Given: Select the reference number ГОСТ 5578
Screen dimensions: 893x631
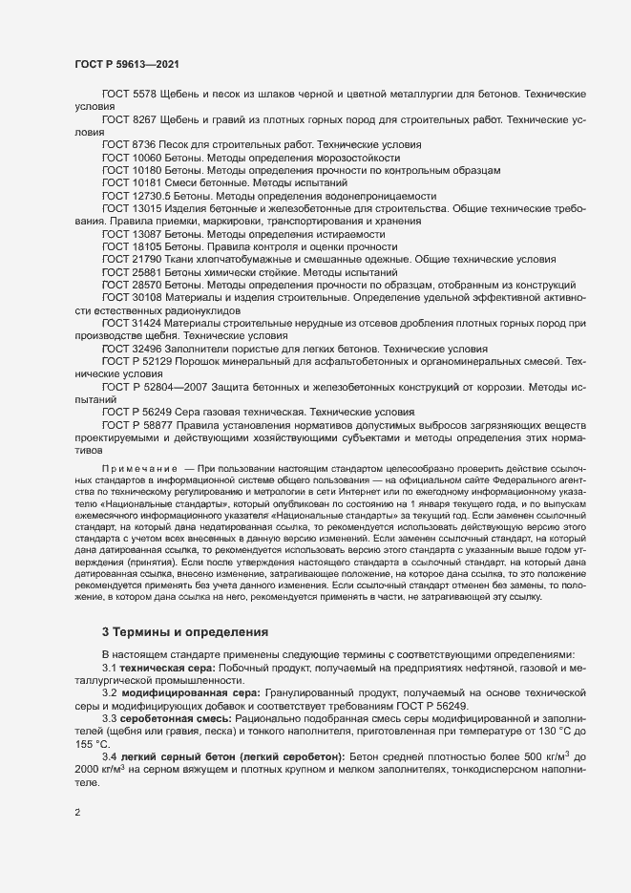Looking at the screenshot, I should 128,96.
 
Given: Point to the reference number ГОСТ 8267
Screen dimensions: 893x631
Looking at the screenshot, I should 128,120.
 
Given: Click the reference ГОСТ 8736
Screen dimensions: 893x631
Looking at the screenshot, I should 128,144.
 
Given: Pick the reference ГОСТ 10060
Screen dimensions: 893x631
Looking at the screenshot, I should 132,157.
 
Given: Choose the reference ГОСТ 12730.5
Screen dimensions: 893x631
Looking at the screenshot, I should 136,196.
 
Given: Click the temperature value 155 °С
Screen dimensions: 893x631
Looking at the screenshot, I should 92,742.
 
